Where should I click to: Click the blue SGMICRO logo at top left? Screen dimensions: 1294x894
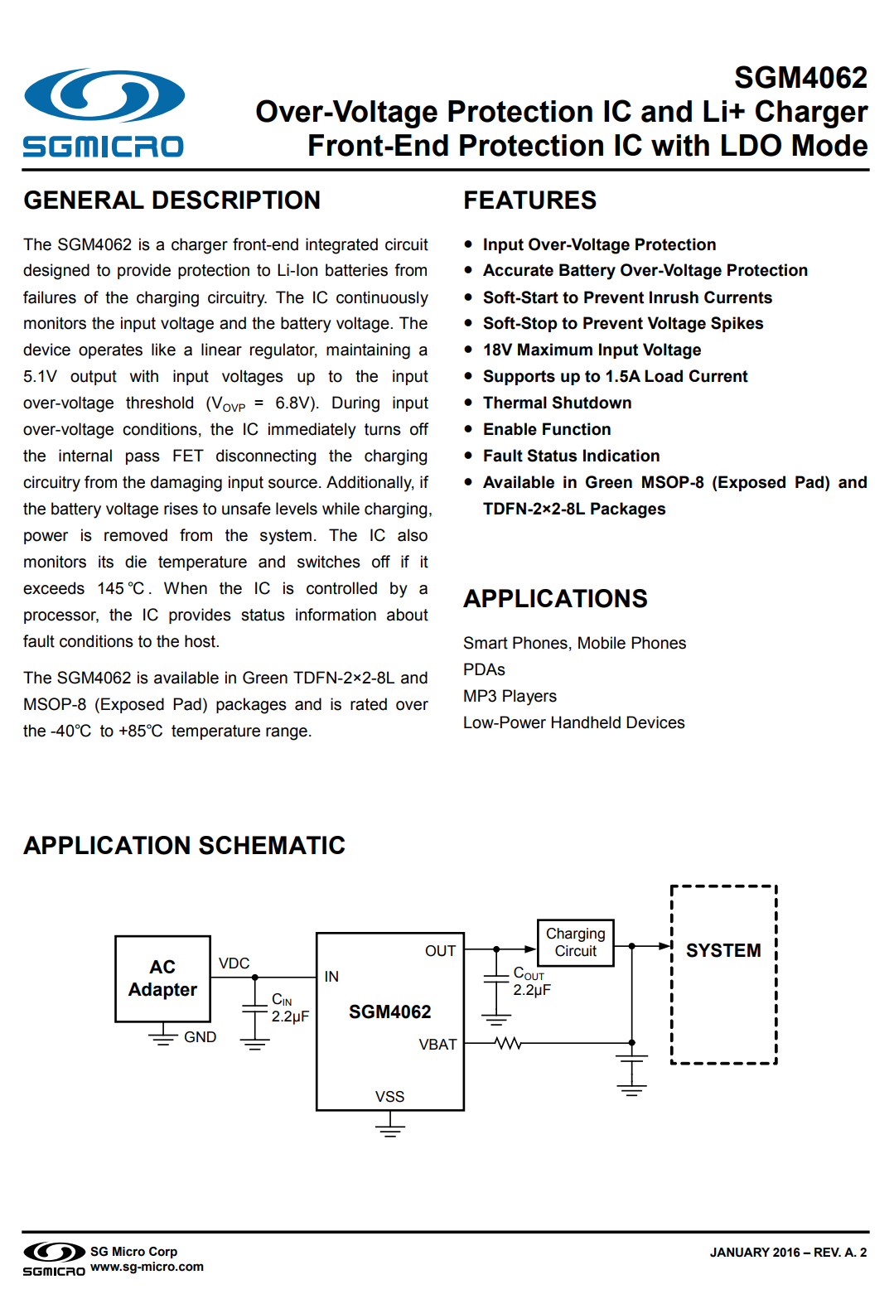tap(104, 113)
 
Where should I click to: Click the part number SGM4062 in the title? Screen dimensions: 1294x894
tap(800, 78)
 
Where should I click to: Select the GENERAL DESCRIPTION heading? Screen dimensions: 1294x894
tap(172, 200)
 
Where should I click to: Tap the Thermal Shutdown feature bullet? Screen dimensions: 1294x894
tap(557, 403)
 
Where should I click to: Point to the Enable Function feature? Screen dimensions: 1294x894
tap(547, 430)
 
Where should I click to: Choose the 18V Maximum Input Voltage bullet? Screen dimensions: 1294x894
tap(592, 350)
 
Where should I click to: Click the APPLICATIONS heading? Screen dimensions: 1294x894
tap(555, 599)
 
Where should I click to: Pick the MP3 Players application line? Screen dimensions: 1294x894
tap(510, 697)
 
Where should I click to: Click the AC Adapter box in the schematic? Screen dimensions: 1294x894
tap(162, 978)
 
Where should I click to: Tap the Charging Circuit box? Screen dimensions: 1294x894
tap(575, 943)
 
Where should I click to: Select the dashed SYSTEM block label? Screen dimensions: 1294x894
tap(723, 951)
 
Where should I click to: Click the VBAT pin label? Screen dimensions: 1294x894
tap(437, 1045)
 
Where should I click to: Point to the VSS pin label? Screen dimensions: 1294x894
tap(389, 1097)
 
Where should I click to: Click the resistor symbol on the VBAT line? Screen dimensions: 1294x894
tap(508, 1044)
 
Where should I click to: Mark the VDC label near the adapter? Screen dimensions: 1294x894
tap(234, 963)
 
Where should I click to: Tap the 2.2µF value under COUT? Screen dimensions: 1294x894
tap(532, 990)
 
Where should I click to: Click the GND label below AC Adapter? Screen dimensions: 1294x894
tap(200, 1037)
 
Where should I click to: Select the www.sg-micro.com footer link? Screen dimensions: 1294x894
tap(147, 1267)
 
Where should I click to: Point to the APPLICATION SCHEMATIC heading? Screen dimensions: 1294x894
tap(184, 846)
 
